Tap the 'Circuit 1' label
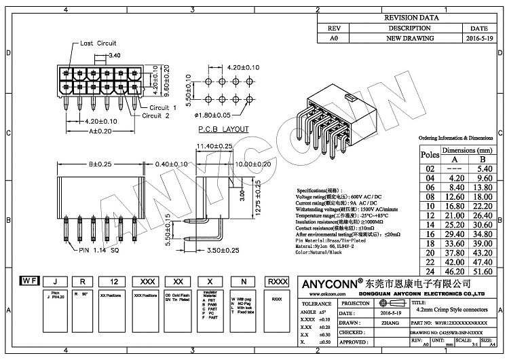coord(163,107)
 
